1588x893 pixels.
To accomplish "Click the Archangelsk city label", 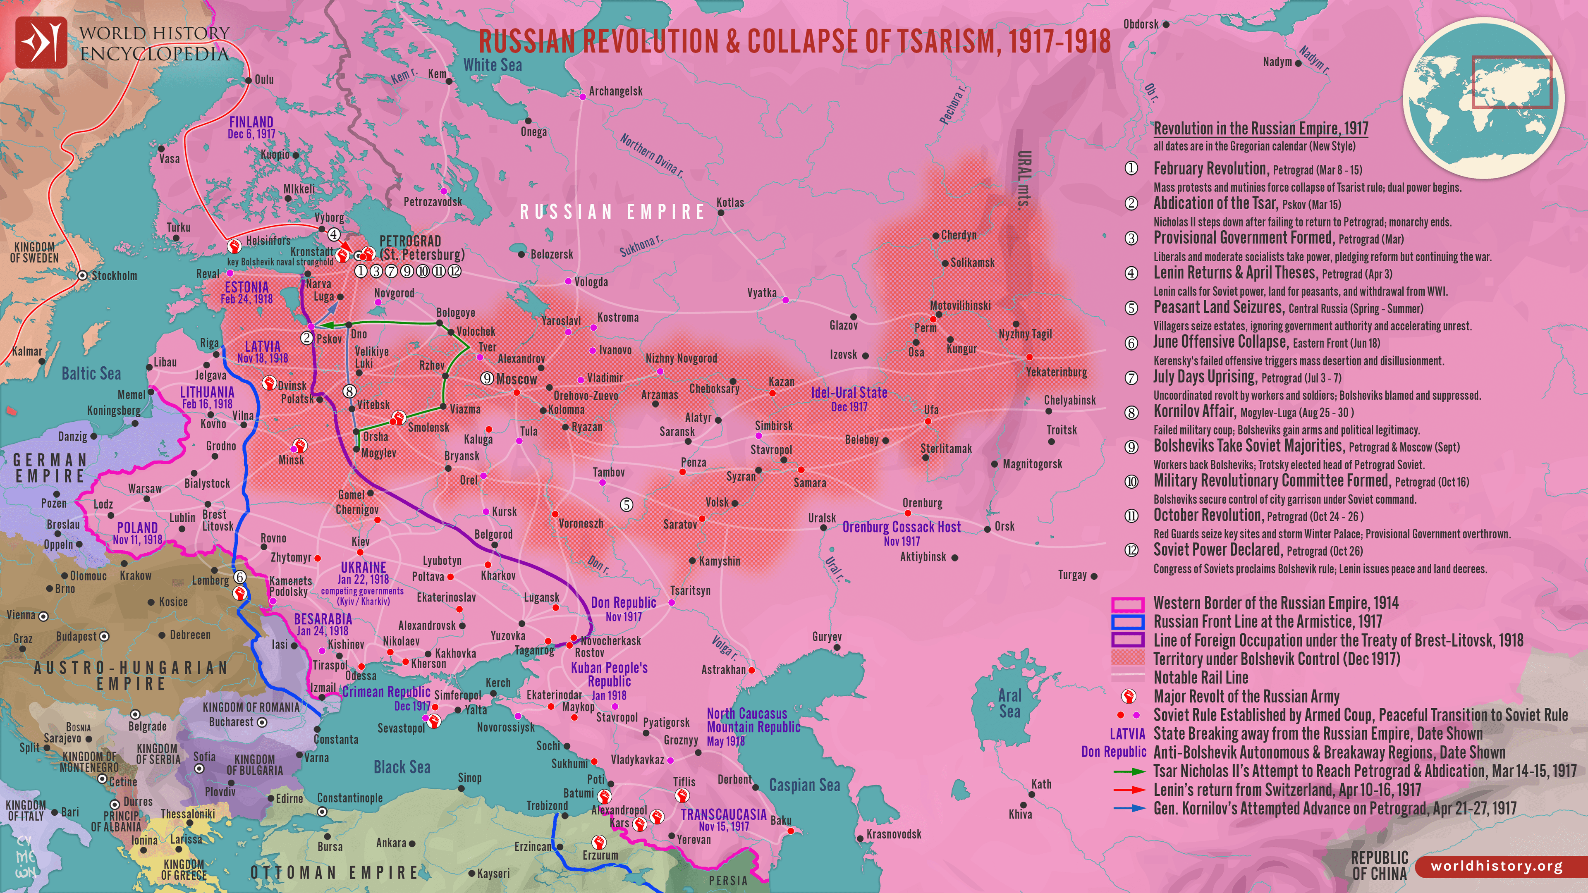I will tap(615, 91).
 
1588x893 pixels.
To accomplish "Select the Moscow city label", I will tap(517, 379).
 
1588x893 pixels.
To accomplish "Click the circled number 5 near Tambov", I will tap(627, 505).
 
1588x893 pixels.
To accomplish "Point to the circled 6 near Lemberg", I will tap(240, 577).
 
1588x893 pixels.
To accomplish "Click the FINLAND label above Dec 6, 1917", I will tap(251, 122).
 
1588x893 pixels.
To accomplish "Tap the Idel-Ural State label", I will tap(849, 393).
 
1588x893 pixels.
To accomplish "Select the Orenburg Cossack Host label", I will tap(901, 527).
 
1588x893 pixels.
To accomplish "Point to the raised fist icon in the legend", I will tap(1128, 696).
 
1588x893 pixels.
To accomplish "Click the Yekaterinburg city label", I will tap(1056, 372).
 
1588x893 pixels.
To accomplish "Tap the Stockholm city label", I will tap(114, 275).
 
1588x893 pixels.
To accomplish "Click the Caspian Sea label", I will tap(804, 785).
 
